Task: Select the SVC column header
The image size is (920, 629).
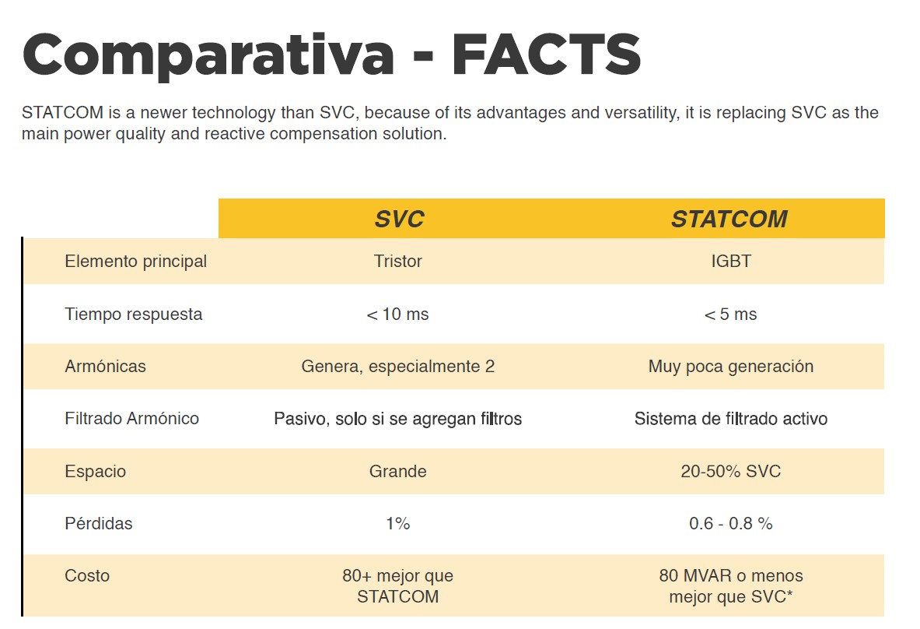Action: pyautogui.click(x=399, y=219)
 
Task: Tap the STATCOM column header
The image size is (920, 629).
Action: pyautogui.click(x=729, y=219)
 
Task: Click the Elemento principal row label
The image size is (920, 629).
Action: pyautogui.click(x=135, y=262)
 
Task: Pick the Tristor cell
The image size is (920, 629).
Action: pyautogui.click(x=397, y=262)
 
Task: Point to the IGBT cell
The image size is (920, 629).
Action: pyautogui.click(x=731, y=262)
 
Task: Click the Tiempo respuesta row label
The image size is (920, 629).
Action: pyautogui.click(x=133, y=314)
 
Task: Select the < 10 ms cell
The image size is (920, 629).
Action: pyautogui.click(x=397, y=314)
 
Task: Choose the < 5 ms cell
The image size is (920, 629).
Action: pyautogui.click(x=730, y=314)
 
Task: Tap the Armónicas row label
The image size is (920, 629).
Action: pyautogui.click(x=105, y=366)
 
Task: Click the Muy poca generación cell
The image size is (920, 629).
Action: pyautogui.click(x=730, y=366)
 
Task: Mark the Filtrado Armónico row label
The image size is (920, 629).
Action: pyautogui.click(x=131, y=419)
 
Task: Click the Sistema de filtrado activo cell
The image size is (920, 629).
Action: pyautogui.click(x=730, y=419)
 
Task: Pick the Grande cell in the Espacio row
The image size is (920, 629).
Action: pyautogui.click(x=397, y=471)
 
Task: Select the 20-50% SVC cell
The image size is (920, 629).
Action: pyautogui.click(x=730, y=471)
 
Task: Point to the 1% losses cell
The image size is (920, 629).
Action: pyautogui.click(x=397, y=524)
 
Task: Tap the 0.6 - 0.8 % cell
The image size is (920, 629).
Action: pyautogui.click(x=730, y=524)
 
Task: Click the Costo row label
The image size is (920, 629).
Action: pyautogui.click(x=87, y=576)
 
